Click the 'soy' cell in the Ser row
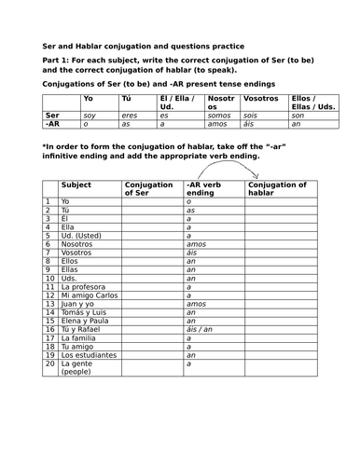tap(90, 115)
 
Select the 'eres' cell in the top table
tap(130, 115)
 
